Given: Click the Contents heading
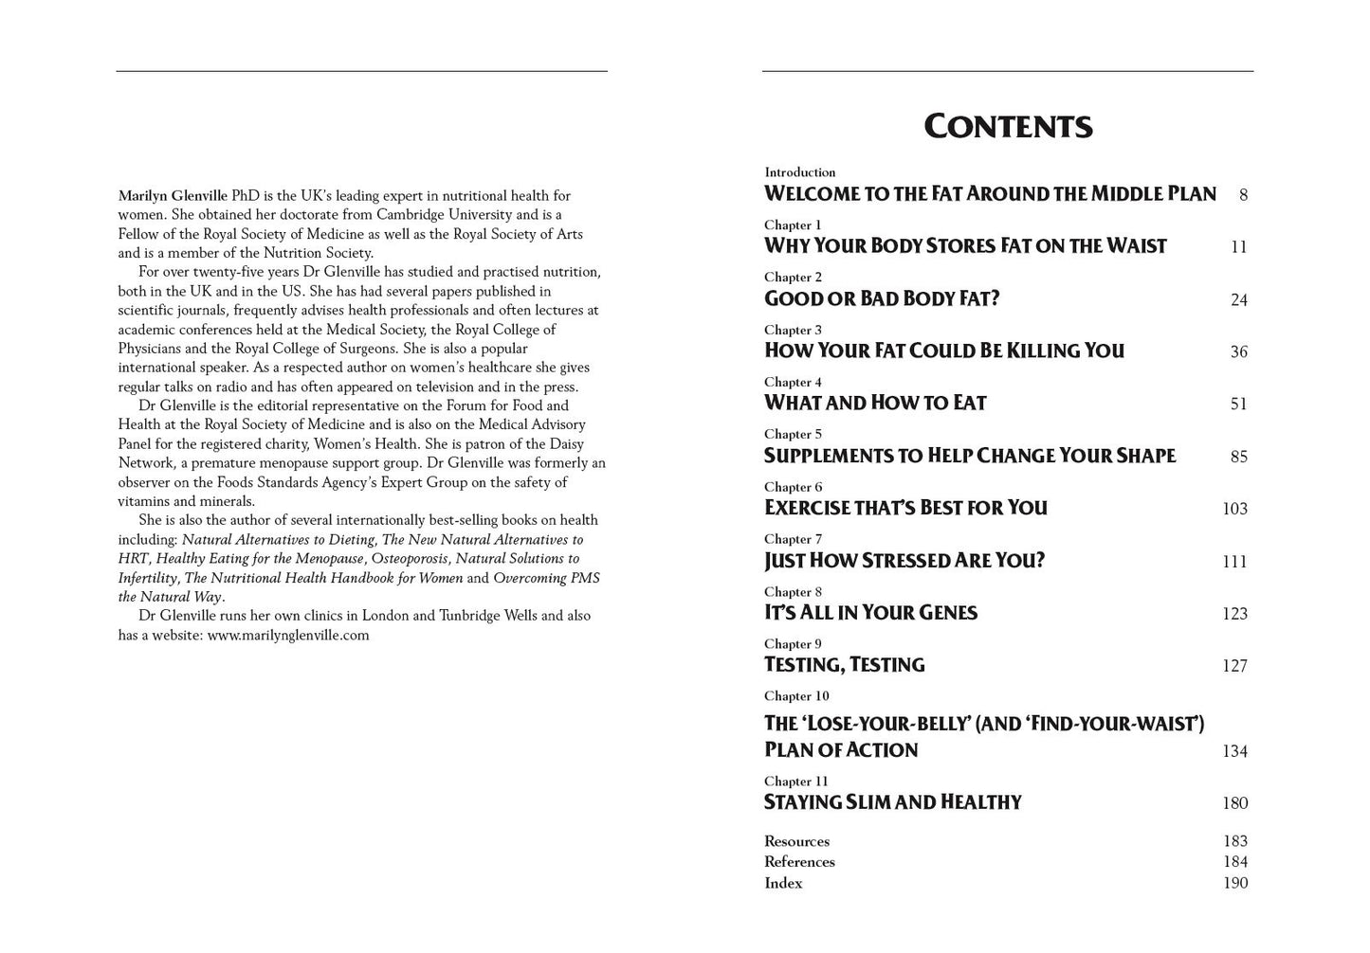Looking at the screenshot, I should click(x=1008, y=126).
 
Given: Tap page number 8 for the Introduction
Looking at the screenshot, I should click(x=1243, y=195).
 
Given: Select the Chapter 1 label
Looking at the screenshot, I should click(x=793, y=225).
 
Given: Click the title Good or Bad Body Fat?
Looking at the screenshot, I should click(x=882, y=298).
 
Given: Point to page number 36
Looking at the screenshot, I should click(x=1238, y=351).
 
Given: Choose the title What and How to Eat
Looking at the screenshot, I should click(x=875, y=403).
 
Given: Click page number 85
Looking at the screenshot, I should click(x=1238, y=457).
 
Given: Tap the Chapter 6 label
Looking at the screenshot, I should click(x=793, y=487).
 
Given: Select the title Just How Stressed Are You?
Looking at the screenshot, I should click(x=904, y=560).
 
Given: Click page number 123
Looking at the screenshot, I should click(x=1234, y=614).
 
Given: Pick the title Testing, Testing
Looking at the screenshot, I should click(x=844, y=664).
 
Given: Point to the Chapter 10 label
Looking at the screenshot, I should click(x=796, y=696).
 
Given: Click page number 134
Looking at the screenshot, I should click(x=1234, y=751).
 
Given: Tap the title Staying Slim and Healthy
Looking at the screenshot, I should click(x=892, y=802).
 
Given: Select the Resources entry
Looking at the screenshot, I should click(x=796, y=841).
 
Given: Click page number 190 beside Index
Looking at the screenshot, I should click(x=1234, y=883).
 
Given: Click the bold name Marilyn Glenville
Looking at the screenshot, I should click(x=173, y=196).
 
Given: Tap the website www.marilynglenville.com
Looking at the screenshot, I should click(x=288, y=636).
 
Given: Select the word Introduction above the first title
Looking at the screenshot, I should click(x=800, y=172).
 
